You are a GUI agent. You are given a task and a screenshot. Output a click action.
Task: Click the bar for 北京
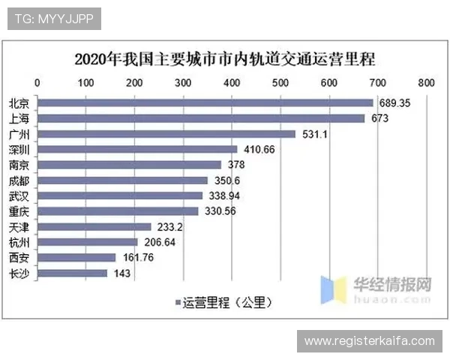[205, 103]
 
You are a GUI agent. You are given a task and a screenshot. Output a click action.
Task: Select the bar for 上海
[200, 118]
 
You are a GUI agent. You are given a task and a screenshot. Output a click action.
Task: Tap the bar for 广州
[166, 133]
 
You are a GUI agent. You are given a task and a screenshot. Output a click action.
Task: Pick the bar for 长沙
[72, 273]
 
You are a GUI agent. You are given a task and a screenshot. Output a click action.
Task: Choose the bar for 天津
[94, 226]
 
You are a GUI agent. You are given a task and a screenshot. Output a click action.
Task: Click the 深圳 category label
[19, 149]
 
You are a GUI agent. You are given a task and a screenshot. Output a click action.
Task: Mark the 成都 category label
[19, 180]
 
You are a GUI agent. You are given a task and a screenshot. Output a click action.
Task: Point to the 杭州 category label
[19, 242]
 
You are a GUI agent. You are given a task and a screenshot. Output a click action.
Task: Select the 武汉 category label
[19, 196]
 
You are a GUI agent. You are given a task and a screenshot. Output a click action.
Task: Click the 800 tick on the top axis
[425, 82]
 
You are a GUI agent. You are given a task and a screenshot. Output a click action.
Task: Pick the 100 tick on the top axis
[85, 82]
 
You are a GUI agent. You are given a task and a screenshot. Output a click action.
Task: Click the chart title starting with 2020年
[225, 58]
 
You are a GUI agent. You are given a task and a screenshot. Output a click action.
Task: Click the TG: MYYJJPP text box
[53, 19]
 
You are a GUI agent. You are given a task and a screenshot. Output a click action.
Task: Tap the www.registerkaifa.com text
[369, 341]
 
